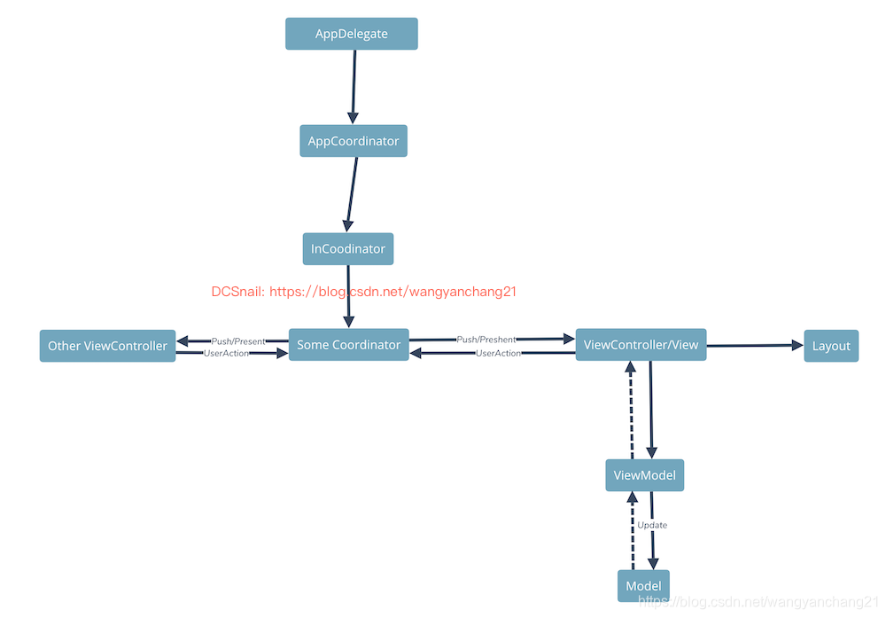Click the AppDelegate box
point(352,35)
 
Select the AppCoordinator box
point(354,141)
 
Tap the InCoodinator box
point(348,249)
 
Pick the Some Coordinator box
point(349,345)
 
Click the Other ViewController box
point(107,346)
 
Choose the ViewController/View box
point(641,345)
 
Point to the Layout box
point(831,346)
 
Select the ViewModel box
point(645,475)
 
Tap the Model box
point(643,586)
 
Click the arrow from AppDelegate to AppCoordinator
point(354,87)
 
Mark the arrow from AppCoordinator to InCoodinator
point(352,195)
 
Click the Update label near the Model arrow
point(652,526)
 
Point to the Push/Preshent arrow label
point(486,340)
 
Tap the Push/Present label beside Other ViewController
point(237,341)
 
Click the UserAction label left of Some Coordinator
point(227,353)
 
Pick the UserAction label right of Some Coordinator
point(498,353)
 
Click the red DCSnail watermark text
point(363,292)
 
